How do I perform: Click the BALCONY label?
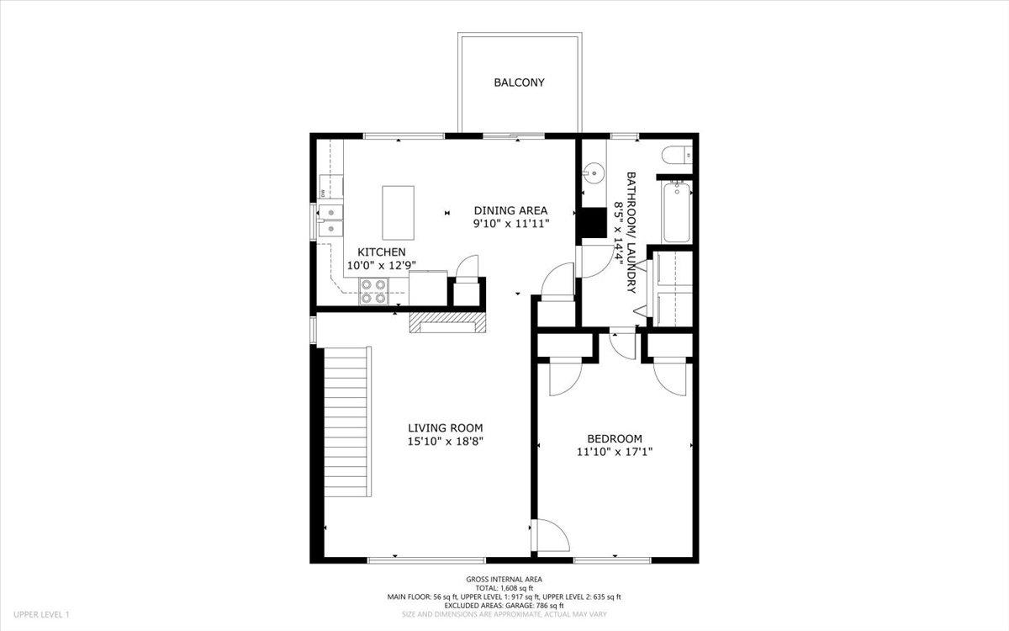519,82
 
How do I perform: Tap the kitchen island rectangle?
398,213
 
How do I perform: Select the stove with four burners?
373,290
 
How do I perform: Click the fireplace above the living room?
447,322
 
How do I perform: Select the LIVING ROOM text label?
446,427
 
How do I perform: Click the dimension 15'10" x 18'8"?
446,441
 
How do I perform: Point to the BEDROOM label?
615,438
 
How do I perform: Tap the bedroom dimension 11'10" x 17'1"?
615,452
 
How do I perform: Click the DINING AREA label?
510,210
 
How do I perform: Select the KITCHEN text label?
382,252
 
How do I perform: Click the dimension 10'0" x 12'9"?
382,266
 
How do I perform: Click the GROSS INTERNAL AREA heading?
504,579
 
